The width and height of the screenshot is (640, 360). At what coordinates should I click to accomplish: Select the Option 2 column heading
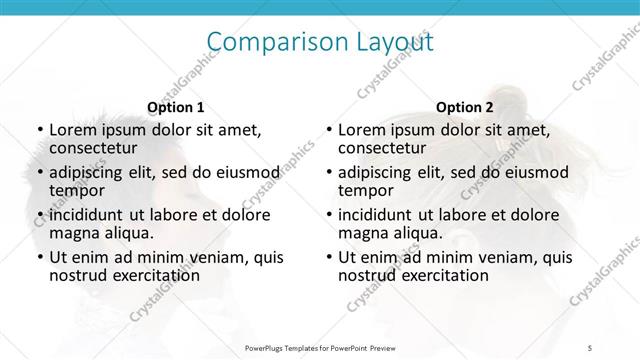(x=465, y=107)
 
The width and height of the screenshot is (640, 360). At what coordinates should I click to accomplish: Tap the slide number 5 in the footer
(x=590, y=347)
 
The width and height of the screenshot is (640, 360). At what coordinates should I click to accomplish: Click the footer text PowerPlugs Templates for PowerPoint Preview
(x=320, y=347)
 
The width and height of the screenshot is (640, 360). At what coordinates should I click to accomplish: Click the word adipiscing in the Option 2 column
(x=379, y=173)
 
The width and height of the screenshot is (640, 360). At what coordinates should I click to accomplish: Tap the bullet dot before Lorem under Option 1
(x=39, y=131)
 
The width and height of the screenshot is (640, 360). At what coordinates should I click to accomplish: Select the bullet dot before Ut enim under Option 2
(x=328, y=257)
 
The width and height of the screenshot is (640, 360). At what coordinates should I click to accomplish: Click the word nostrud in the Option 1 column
(x=78, y=274)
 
